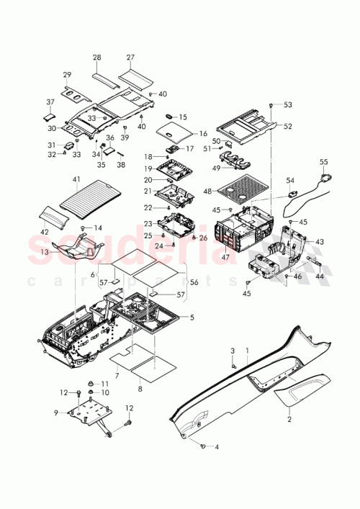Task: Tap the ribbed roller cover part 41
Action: tap(89, 197)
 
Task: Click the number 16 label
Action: tap(203, 134)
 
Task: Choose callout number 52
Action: tap(289, 126)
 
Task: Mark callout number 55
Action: tap(323, 162)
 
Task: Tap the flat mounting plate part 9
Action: tap(91, 413)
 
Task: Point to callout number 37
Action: tap(50, 102)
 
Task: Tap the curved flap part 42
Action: tap(53, 217)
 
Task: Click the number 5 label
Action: tap(191, 317)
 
